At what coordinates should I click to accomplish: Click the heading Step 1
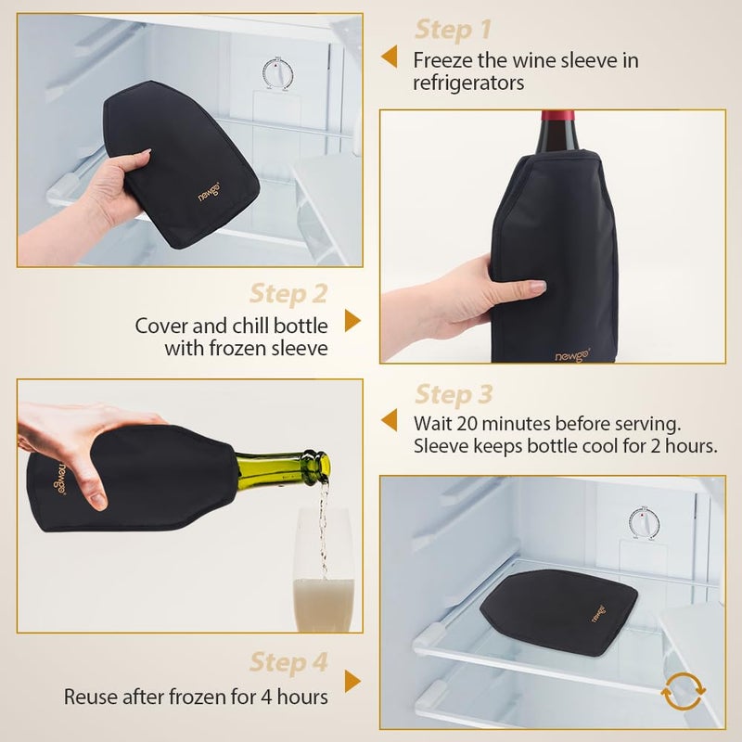pyautogui.click(x=454, y=29)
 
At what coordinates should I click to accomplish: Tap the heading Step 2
pyautogui.click(x=288, y=294)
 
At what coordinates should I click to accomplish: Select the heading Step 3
pyautogui.click(x=454, y=394)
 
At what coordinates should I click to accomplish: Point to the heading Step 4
pyautogui.click(x=288, y=663)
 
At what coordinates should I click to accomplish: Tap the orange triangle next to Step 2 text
pyautogui.click(x=352, y=321)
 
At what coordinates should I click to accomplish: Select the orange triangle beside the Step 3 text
pyautogui.click(x=390, y=419)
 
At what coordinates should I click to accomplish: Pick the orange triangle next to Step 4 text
pyautogui.click(x=352, y=682)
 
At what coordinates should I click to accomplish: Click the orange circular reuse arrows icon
pyautogui.click(x=684, y=691)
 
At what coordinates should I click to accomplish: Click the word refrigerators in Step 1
pyautogui.click(x=469, y=83)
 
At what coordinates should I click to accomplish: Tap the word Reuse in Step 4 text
pyautogui.click(x=90, y=696)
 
